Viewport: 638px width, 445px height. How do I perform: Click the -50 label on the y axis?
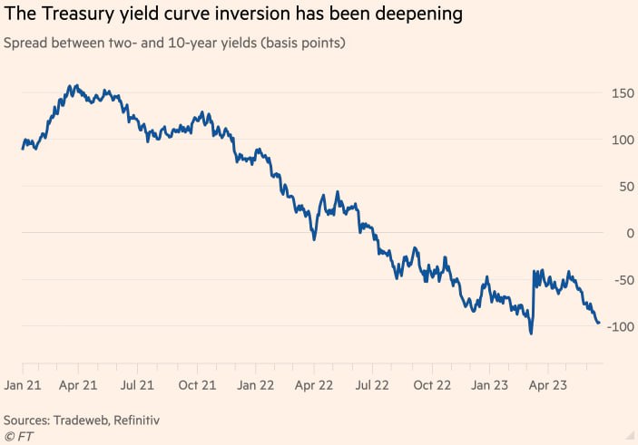pyautogui.click(x=621, y=280)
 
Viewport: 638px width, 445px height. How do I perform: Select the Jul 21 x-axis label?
pyautogui.click(x=137, y=383)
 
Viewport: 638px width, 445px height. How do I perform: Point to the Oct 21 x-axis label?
pyautogui.click(x=196, y=383)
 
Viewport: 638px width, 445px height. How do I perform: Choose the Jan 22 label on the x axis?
pyautogui.click(x=256, y=383)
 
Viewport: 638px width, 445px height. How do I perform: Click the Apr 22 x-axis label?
pyautogui.click(x=313, y=383)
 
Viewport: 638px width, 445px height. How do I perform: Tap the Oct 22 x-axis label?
pyautogui.click(x=432, y=383)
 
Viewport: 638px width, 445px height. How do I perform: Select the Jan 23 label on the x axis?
pyautogui.click(x=491, y=383)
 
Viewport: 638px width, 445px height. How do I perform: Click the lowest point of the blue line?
pyautogui.click(x=531, y=334)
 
